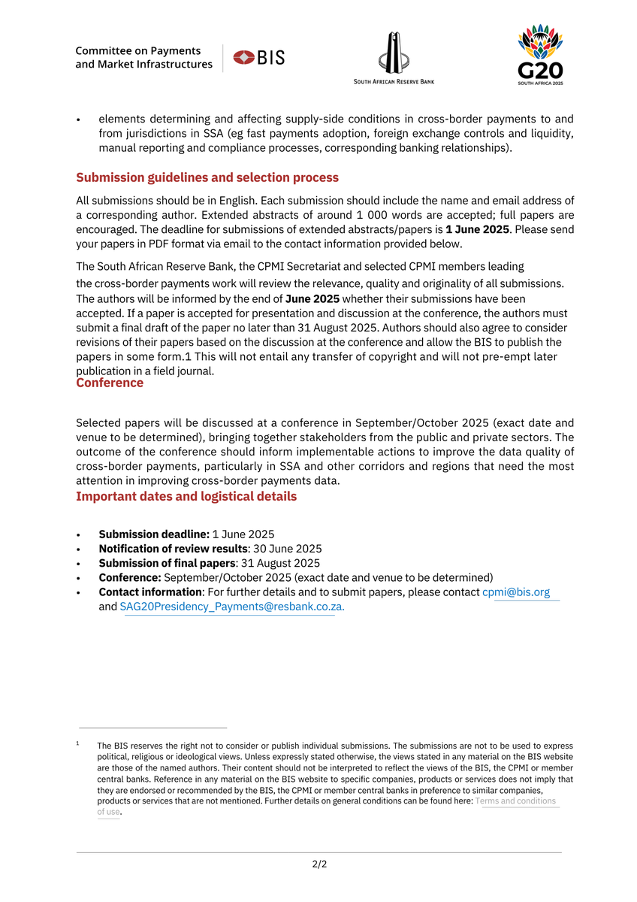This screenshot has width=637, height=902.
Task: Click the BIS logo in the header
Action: click(259, 58)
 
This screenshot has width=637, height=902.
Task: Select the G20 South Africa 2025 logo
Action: click(540, 54)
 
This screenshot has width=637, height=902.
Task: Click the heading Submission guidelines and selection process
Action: click(207, 178)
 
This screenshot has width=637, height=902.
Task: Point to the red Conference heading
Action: click(110, 383)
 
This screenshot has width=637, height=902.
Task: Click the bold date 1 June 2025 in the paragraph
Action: click(477, 229)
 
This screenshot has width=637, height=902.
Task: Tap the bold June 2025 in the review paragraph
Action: click(312, 298)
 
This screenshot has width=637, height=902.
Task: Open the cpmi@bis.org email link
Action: click(516, 592)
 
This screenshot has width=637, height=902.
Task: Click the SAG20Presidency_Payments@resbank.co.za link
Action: click(231, 607)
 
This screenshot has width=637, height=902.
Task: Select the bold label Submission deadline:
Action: click(154, 534)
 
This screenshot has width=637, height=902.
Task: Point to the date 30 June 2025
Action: click(288, 549)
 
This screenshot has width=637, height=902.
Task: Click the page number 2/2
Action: click(319, 864)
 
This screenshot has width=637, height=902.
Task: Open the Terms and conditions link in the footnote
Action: click(515, 801)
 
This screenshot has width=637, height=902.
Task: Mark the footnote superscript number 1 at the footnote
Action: click(78, 744)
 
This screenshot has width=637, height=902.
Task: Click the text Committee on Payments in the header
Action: click(138, 51)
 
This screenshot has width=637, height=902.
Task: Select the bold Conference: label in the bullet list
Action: click(130, 578)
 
